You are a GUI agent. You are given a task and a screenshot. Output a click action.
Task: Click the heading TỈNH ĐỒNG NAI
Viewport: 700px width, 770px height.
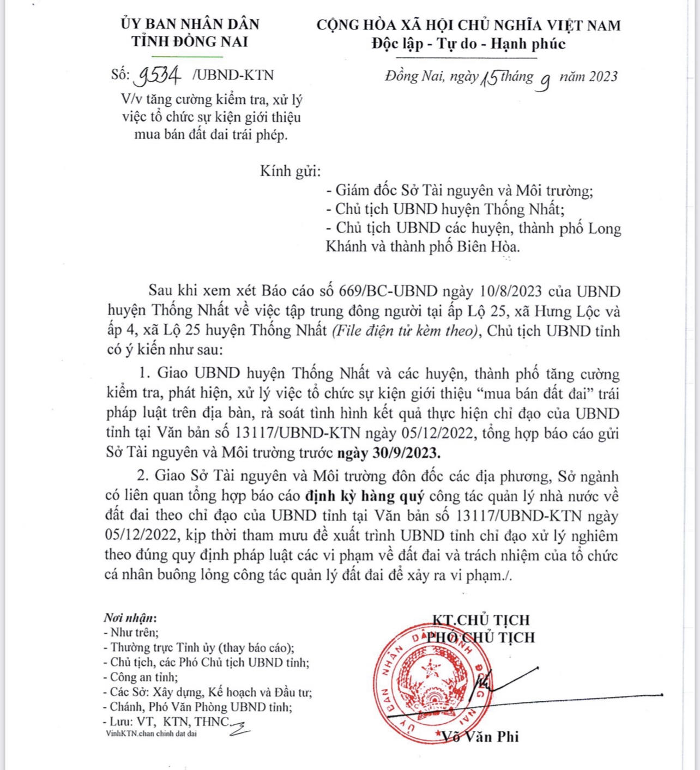point(189,41)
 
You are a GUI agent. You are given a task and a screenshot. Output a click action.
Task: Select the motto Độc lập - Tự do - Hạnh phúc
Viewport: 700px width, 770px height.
point(469,43)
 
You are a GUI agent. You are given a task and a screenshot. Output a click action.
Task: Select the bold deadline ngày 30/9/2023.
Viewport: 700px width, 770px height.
point(388,453)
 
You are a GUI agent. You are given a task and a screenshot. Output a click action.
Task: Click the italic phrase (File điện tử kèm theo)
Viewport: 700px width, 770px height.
point(406,331)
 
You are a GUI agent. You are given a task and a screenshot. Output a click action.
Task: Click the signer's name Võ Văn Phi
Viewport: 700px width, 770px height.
point(480,737)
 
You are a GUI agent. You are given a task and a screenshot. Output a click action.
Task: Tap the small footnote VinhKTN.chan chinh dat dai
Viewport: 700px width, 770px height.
point(152,733)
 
